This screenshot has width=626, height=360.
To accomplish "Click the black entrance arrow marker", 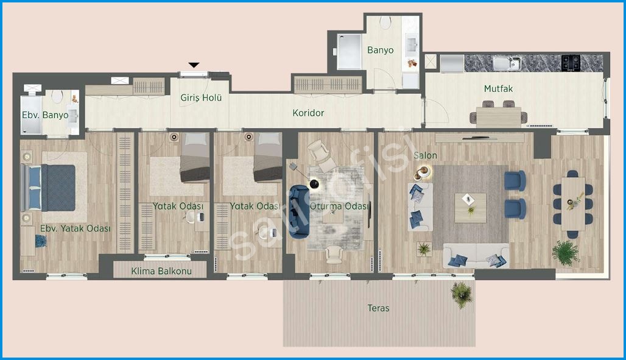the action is [x=194, y=65].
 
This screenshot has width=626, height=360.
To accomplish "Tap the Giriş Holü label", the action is [x=201, y=98].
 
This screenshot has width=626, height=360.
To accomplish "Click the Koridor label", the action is [x=308, y=113].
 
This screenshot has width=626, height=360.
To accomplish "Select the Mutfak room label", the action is [x=498, y=89].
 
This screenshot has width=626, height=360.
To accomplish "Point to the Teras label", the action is [x=379, y=308].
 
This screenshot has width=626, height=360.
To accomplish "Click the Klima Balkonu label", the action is [x=161, y=271].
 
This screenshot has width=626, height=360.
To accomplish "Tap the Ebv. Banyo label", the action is [x=45, y=115].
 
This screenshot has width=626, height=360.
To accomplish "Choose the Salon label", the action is [x=425, y=155].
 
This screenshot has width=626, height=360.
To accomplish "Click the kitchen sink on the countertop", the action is [x=507, y=63].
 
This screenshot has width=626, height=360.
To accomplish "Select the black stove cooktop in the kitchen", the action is [x=571, y=63].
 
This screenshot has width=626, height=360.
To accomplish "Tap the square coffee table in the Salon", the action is [x=470, y=208].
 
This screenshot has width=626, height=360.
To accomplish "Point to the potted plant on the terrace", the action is [x=462, y=294].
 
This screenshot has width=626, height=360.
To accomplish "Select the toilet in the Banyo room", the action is [x=385, y=23].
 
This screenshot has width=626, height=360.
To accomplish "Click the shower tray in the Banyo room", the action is [x=349, y=52].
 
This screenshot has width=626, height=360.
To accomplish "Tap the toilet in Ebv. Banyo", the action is [x=57, y=96].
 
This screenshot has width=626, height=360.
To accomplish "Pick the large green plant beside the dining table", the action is [x=566, y=253].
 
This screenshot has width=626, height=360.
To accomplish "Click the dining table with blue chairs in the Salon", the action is [x=573, y=204].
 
